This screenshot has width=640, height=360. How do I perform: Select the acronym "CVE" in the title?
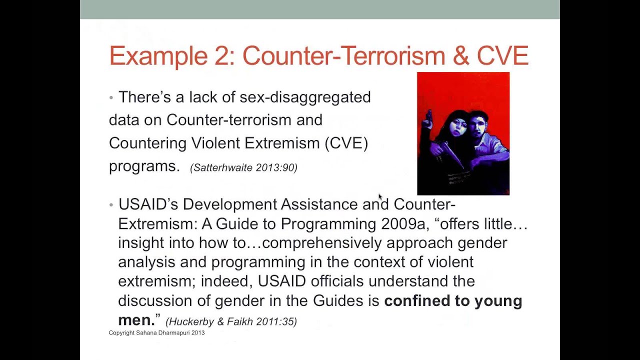502,56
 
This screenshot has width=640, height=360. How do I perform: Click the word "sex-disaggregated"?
305,97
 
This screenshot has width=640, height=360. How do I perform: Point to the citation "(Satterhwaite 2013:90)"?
243,168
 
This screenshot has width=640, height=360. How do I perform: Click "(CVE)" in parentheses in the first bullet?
346,143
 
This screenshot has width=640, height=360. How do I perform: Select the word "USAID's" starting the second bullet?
148,204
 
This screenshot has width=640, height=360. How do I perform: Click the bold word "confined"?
416,301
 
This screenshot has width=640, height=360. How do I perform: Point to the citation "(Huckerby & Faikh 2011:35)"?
231,322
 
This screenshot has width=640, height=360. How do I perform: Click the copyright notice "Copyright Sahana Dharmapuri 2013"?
156,333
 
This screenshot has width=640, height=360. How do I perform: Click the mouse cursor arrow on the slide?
379,196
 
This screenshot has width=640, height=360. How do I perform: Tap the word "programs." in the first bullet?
144,166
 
